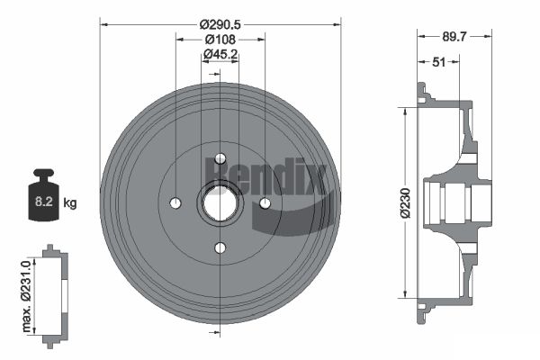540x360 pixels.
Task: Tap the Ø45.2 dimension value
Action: (x=220, y=55)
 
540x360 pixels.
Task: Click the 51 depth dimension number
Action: (x=439, y=63)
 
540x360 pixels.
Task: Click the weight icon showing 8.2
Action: (x=43, y=198)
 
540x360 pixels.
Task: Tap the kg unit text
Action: (x=70, y=203)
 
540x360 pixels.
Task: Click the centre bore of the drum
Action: (x=220, y=203)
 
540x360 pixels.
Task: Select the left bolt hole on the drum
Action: (x=175, y=202)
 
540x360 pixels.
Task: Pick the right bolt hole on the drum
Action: (x=265, y=203)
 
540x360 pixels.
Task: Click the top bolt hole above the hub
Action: (x=220, y=159)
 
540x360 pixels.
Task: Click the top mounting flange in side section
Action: (x=423, y=93)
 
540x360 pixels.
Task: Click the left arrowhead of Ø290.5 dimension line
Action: (x=103, y=22)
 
